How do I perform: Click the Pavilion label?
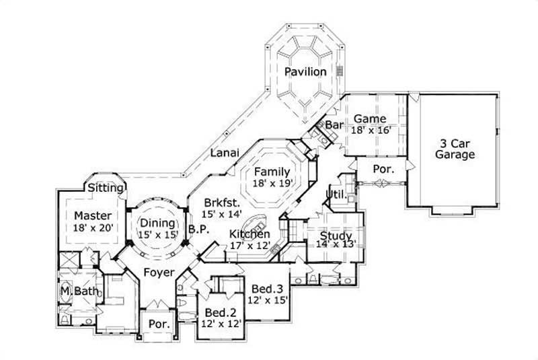tap(305, 71)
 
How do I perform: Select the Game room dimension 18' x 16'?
tap(371, 129)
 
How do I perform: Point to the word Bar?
tap(334, 125)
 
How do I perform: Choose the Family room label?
tap(272, 172)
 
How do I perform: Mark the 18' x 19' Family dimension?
tap(272, 184)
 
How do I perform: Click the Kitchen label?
tap(249, 233)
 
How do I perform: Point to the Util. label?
tap(336, 195)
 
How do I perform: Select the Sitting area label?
tap(106, 188)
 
